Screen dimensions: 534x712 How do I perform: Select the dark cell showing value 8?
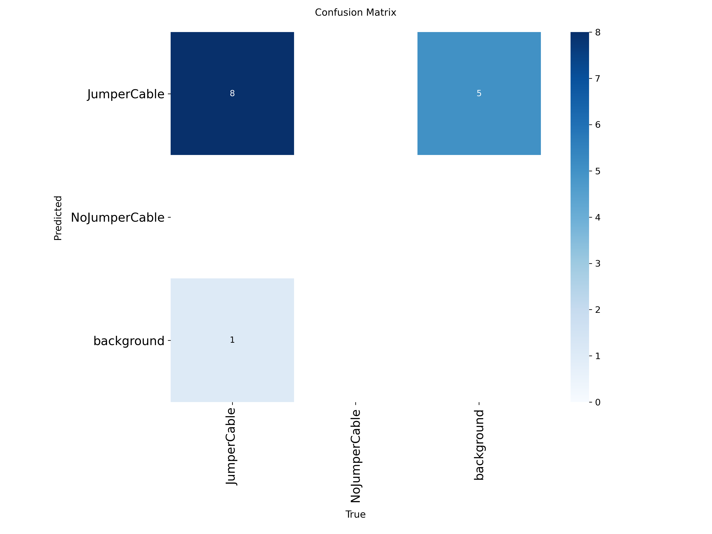click(x=232, y=93)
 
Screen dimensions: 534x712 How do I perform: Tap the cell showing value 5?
click(x=479, y=93)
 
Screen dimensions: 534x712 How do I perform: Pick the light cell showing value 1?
click(x=232, y=340)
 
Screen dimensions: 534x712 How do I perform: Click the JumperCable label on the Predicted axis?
click(x=126, y=94)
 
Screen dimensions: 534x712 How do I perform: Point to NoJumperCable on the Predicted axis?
click(x=117, y=218)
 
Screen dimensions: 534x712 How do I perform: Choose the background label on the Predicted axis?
click(x=129, y=341)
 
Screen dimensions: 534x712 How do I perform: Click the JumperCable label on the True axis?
click(x=231, y=446)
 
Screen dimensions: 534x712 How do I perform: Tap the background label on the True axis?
click(x=479, y=445)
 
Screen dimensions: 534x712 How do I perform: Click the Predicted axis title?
click(x=58, y=218)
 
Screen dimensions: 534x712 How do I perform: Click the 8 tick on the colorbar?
click(x=597, y=32)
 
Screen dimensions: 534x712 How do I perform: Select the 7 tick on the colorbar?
click(x=597, y=79)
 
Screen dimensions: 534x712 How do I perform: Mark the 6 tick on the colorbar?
click(x=597, y=125)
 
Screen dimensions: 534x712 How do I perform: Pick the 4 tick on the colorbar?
click(x=597, y=217)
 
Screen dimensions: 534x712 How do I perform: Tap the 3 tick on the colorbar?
click(x=597, y=264)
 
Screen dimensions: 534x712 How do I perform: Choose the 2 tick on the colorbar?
click(x=597, y=310)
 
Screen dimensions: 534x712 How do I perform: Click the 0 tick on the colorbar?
click(x=597, y=402)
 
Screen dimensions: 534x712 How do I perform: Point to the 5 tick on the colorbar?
click(x=597, y=171)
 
